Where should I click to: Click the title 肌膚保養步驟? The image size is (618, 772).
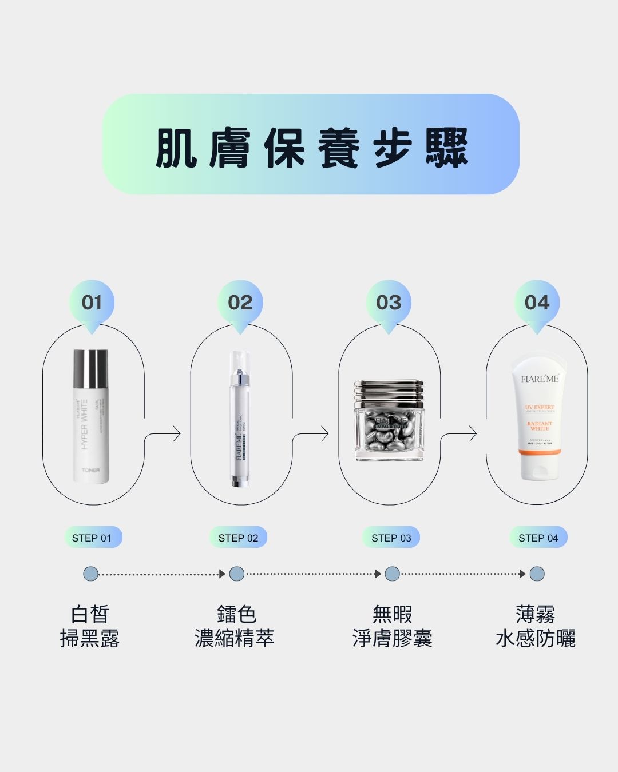[311, 148]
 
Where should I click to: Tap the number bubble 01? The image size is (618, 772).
[92, 303]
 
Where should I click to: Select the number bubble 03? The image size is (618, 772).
[389, 303]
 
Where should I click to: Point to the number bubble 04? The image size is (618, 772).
[537, 303]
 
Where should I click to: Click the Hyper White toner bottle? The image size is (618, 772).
[90, 416]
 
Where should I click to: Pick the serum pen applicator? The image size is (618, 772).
[240, 419]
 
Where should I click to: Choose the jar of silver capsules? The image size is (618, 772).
[389, 421]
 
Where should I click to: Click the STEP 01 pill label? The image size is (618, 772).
[92, 538]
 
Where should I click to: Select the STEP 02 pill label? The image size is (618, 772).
[239, 538]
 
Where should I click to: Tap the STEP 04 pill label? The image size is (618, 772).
[538, 538]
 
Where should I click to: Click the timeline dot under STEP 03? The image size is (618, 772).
[392, 574]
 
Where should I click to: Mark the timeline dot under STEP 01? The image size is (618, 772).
[90, 574]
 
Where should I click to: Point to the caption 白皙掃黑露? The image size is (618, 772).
[90, 626]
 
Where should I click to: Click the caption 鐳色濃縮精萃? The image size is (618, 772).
[235, 626]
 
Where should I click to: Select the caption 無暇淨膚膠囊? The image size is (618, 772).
[392, 626]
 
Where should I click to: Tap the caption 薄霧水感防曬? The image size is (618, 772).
[536, 626]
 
